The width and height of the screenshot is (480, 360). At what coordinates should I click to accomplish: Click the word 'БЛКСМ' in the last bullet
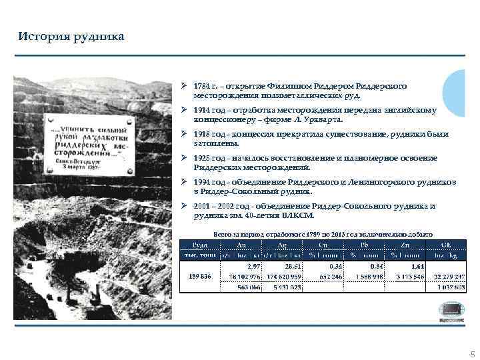point(295,215)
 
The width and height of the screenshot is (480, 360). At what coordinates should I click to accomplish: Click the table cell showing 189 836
point(201,276)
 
